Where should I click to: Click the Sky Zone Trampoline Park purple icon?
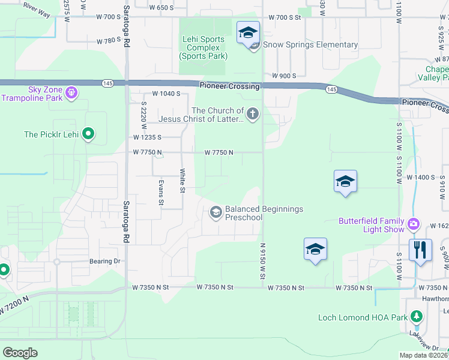point(71,93)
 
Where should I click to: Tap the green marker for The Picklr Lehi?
point(88,134)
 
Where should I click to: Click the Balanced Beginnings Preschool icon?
point(215,212)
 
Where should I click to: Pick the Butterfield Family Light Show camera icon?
point(413,224)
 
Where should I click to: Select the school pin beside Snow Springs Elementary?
point(247,33)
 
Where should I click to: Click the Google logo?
point(20,352)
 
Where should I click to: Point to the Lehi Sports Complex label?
point(203,48)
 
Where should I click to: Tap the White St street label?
point(182,181)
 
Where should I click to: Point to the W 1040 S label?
point(166,94)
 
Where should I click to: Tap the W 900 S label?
point(285,76)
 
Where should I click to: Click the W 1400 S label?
point(420,178)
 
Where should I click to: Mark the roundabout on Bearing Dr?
point(56,262)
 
